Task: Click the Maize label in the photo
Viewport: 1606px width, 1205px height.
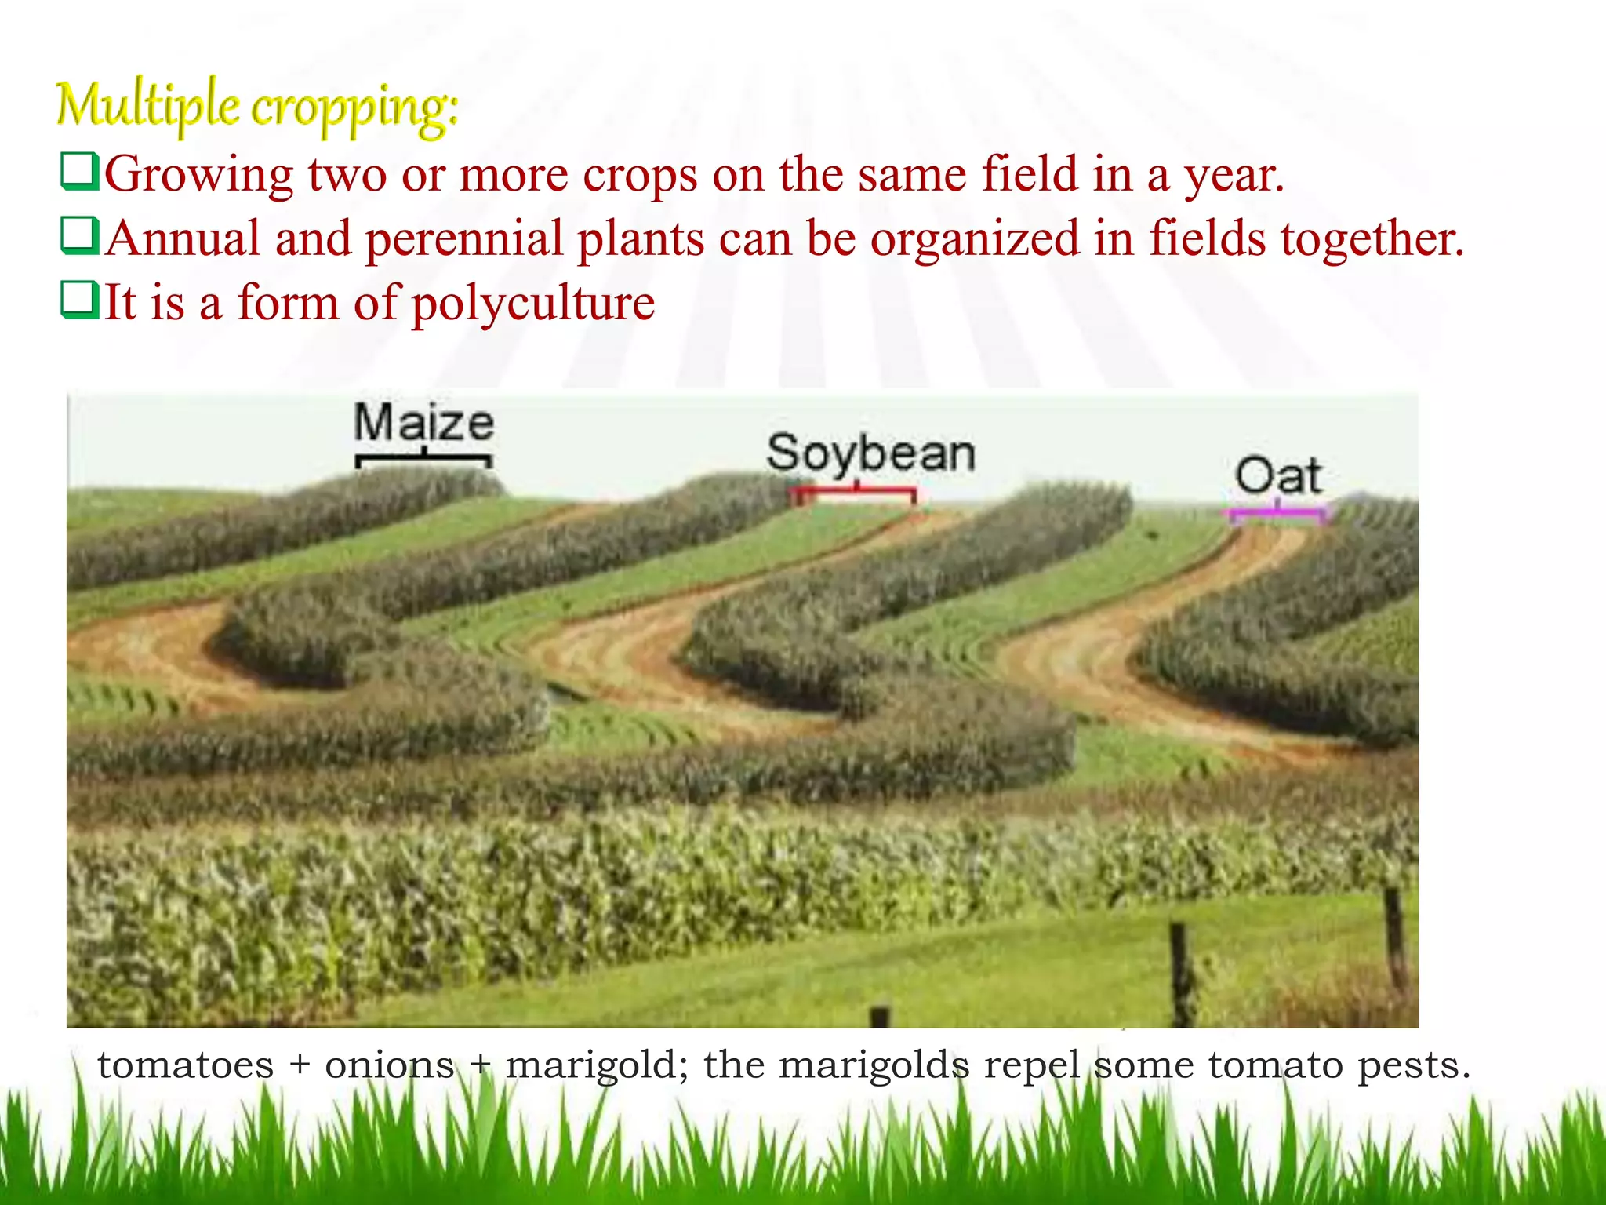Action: (x=423, y=424)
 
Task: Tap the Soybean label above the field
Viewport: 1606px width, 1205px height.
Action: (x=870, y=453)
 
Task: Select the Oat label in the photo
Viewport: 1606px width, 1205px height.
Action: (x=1278, y=476)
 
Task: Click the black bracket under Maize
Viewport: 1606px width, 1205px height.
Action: (x=423, y=458)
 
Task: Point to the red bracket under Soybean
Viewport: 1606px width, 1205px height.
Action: (x=855, y=493)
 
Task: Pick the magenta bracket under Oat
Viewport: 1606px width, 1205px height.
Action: (x=1277, y=515)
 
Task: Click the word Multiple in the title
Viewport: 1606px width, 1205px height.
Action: (x=147, y=106)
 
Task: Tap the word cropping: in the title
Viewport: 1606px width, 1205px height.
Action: (x=354, y=108)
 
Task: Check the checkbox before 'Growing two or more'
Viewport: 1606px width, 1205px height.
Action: (x=80, y=172)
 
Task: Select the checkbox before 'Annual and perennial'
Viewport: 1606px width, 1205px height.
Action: (x=80, y=236)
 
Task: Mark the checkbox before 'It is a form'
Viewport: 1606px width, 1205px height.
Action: (x=80, y=300)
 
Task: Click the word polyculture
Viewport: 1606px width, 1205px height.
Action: (x=533, y=304)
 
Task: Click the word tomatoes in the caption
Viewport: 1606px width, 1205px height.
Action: (x=186, y=1065)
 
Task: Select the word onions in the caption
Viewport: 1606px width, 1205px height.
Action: (x=389, y=1065)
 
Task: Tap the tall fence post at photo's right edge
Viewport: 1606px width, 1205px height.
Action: (x=1394, y=937)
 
